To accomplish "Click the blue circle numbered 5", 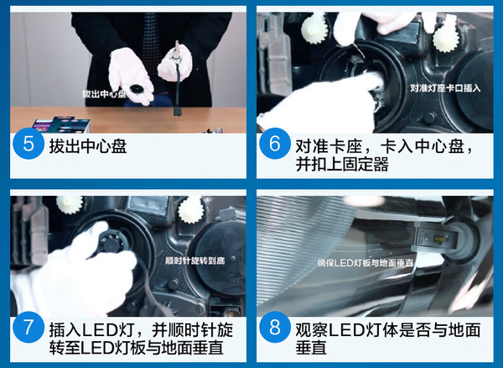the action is (29, 144).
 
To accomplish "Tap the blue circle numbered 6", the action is (275, 144).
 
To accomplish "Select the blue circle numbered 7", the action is (29, 328).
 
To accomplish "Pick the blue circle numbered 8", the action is (275, 328).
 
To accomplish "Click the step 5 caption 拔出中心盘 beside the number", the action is (88, 146).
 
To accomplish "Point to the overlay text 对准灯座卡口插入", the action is (445, 88).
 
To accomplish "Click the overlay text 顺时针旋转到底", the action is (194, 260).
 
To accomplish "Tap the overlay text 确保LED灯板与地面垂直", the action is (365, 263).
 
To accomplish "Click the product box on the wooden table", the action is (61, 124).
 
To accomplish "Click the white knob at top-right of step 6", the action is (446, 38).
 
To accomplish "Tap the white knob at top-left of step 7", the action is (70, 204).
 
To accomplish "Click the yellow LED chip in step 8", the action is (438, 239).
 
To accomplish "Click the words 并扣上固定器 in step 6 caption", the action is (342, 164).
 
